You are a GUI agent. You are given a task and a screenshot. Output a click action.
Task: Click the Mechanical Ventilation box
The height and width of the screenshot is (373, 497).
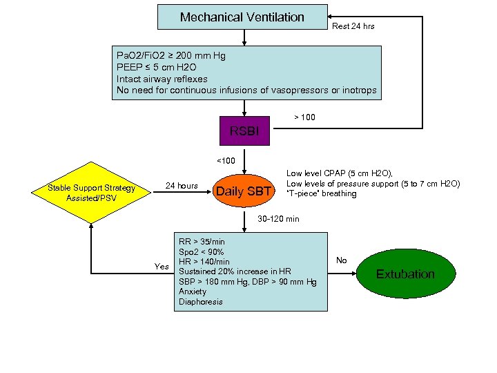[242, 17]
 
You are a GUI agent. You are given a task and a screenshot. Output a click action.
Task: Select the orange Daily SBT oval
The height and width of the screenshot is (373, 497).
[244, 191]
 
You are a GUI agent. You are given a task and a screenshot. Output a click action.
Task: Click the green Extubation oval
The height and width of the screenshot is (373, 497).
[405, 274]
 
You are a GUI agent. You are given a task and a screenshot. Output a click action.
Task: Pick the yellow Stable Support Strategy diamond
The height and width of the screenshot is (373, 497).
[91, 193]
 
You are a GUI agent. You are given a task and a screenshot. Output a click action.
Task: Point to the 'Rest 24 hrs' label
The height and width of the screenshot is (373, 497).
[353, 26]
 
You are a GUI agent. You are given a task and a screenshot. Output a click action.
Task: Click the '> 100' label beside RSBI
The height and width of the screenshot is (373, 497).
[304, 117]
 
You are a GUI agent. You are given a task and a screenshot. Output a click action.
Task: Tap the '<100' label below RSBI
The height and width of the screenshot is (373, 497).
[226, 161]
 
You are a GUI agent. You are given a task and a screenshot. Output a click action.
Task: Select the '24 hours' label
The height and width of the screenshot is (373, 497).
[182, 186]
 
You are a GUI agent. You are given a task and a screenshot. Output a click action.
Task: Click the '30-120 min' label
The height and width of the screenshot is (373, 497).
[278, 219]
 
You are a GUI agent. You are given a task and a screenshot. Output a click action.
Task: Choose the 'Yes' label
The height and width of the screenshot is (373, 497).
[162, 267]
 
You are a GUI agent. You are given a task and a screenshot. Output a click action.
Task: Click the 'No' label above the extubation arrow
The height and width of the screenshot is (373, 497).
[341, 260]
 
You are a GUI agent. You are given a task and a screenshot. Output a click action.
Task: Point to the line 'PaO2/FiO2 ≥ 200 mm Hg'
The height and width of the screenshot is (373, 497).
[171, 55]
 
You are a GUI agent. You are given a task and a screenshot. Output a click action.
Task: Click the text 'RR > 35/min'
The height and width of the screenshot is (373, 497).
[202, 242]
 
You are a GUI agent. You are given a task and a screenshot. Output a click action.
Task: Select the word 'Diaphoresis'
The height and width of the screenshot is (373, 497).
[201, 301]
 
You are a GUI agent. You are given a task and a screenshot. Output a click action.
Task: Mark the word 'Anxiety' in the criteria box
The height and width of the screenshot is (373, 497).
[193, 291]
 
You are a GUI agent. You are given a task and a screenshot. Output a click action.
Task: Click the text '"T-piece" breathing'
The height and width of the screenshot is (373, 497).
[322, 193]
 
